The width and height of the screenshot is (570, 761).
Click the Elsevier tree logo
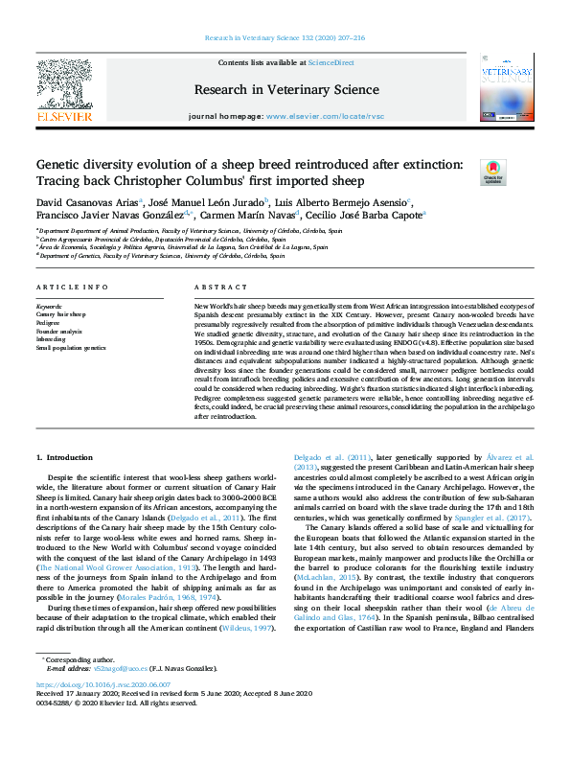coord(64,86)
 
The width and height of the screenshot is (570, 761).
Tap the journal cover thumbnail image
coord(507,86)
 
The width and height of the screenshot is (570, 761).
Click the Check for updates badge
coord(493,172)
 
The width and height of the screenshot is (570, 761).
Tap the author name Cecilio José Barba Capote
coord(368,217)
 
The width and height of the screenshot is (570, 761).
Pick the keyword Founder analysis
coord(59,330)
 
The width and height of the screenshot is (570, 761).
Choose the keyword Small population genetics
coord(72,346)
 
